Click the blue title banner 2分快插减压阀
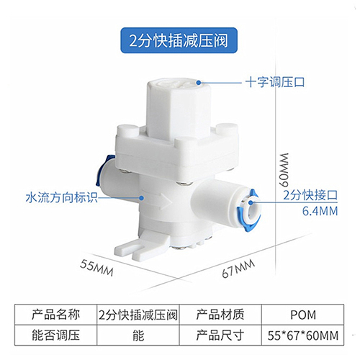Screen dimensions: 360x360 [179, 40]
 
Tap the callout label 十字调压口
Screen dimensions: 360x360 [275, 82]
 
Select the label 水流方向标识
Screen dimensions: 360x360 [62, 198]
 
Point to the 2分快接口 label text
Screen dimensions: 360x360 [310, 195]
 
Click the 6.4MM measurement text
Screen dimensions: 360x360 [320, 211]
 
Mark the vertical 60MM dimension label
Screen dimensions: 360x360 [284, 170]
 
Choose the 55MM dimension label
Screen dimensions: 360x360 [96, 268]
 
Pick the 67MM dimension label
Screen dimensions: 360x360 [238, 269]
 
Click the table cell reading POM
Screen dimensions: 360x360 [303, 315]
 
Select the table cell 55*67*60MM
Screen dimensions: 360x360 [303, 336]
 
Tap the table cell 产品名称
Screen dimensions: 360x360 [55, 315]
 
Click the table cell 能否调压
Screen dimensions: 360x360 [55, 336]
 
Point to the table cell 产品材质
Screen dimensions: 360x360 [220, 315]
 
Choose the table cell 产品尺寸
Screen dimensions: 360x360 [220, 336]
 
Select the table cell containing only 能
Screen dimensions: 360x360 [138, 336]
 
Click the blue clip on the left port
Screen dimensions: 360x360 [102, 169]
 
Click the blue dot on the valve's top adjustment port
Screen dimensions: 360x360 [199, 83]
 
